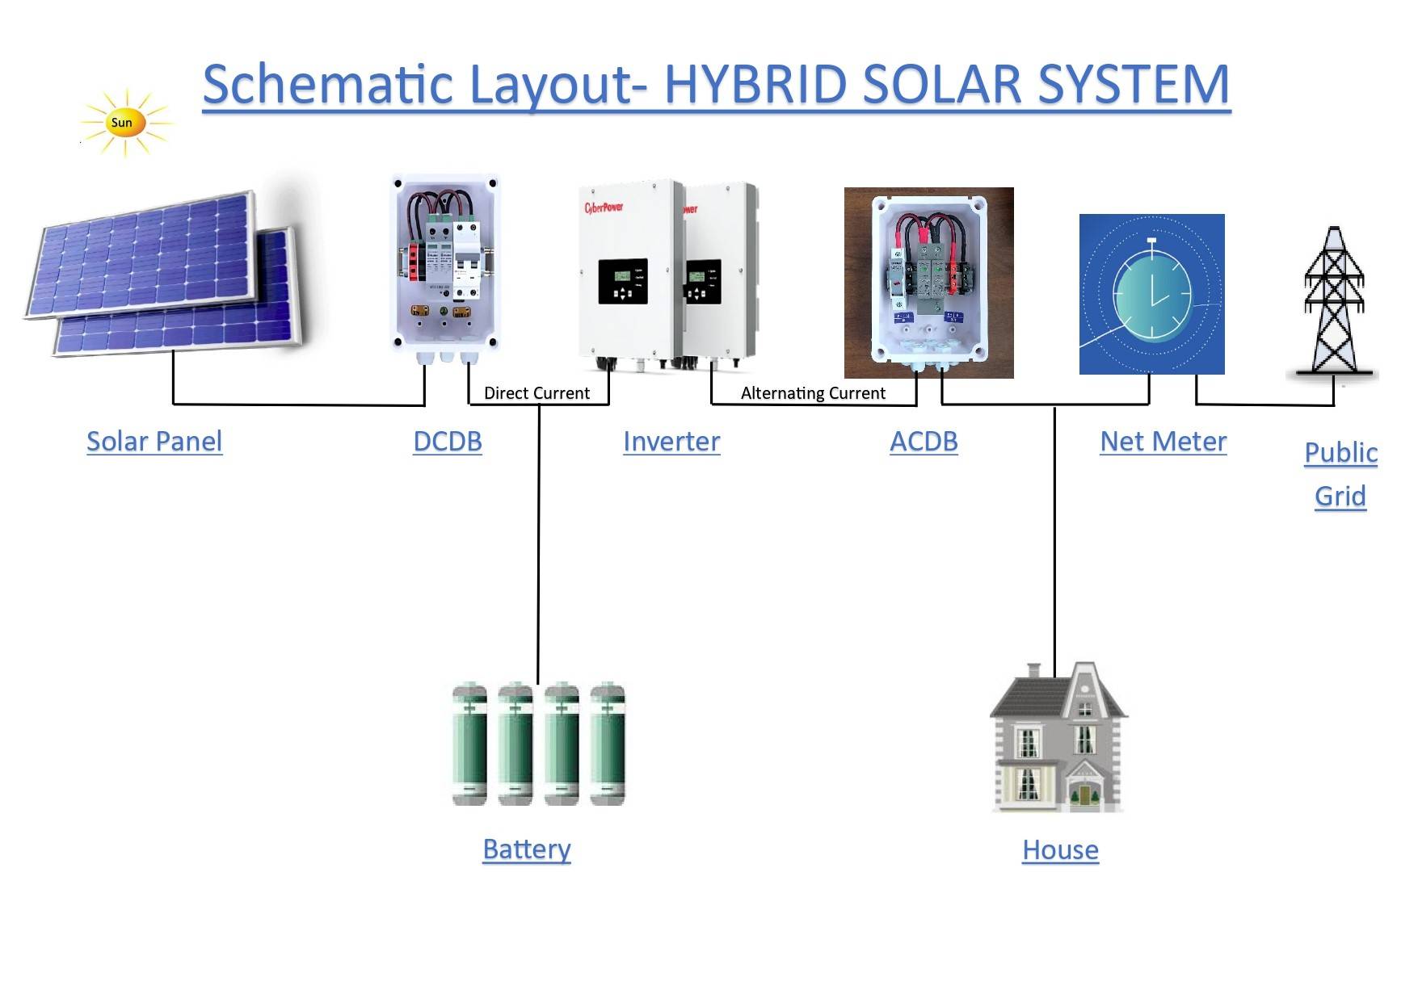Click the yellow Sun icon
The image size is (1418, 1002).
coord(123,123)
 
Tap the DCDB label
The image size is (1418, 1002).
coord(448,442)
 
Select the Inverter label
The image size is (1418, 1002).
coord(671,442)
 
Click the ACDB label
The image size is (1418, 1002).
coord(924,442)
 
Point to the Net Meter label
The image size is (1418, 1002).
coord(1163,442)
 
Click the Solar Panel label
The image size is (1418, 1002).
coord(154,442)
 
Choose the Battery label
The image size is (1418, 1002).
coord(527,849)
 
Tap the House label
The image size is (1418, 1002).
coord(1060,850)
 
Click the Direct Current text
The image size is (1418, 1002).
coord(536,393)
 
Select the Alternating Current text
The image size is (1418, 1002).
coord(813,393)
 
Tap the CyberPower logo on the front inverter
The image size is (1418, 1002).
coord(604,208)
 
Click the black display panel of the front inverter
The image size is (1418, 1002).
coord(622,282)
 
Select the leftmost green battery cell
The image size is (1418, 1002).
coord(469,744)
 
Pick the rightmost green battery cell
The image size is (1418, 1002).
coord(608,744)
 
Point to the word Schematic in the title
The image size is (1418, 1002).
coord(327,85)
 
